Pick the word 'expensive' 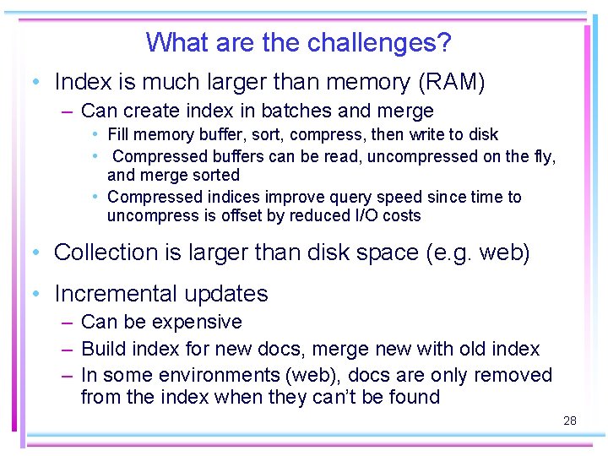tap(202, 323)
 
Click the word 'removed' tap(513, 375)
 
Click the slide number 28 tap(570, 420)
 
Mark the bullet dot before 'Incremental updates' tap(35, 294)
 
